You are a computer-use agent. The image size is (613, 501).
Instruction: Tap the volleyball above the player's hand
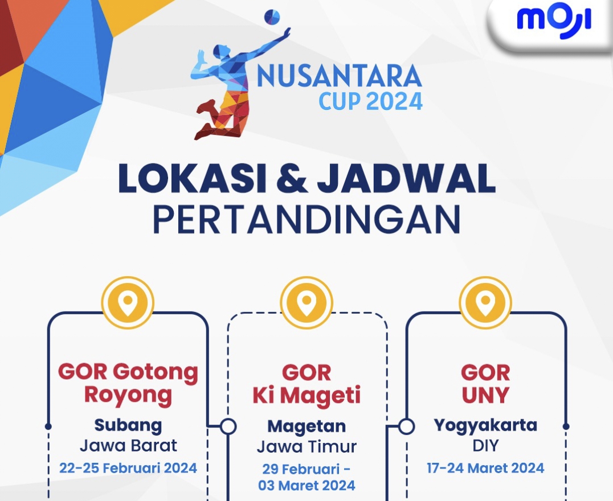(272, 17)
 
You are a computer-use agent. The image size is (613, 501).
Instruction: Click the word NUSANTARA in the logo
(340, 76)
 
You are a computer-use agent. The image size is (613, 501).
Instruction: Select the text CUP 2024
(371, 101)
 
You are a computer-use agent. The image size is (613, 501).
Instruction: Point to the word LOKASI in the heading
(193, 178)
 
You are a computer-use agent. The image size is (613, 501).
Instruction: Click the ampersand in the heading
(292, 178)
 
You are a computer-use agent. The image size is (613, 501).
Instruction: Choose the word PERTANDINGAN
(307, 219)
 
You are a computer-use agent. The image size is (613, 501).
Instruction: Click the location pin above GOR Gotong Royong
(128, 302)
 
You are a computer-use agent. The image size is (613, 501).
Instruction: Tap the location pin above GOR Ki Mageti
(306, 302)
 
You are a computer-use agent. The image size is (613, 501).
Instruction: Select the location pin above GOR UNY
(485, 302)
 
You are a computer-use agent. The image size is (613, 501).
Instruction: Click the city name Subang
(128, 426)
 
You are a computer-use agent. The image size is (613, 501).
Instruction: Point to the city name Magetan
(306, 426)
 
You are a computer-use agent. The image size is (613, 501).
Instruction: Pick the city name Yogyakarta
(485, 426)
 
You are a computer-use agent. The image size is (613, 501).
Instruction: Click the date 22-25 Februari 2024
(128, 468)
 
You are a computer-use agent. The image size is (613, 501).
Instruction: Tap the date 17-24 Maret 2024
(485, 468)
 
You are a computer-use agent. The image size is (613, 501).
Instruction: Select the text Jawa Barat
(128, 446)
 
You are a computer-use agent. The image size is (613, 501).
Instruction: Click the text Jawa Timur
(306, 446)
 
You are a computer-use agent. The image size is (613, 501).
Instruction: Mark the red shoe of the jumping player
(206, 106)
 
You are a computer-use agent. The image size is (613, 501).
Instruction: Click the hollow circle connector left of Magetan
(228, 426)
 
